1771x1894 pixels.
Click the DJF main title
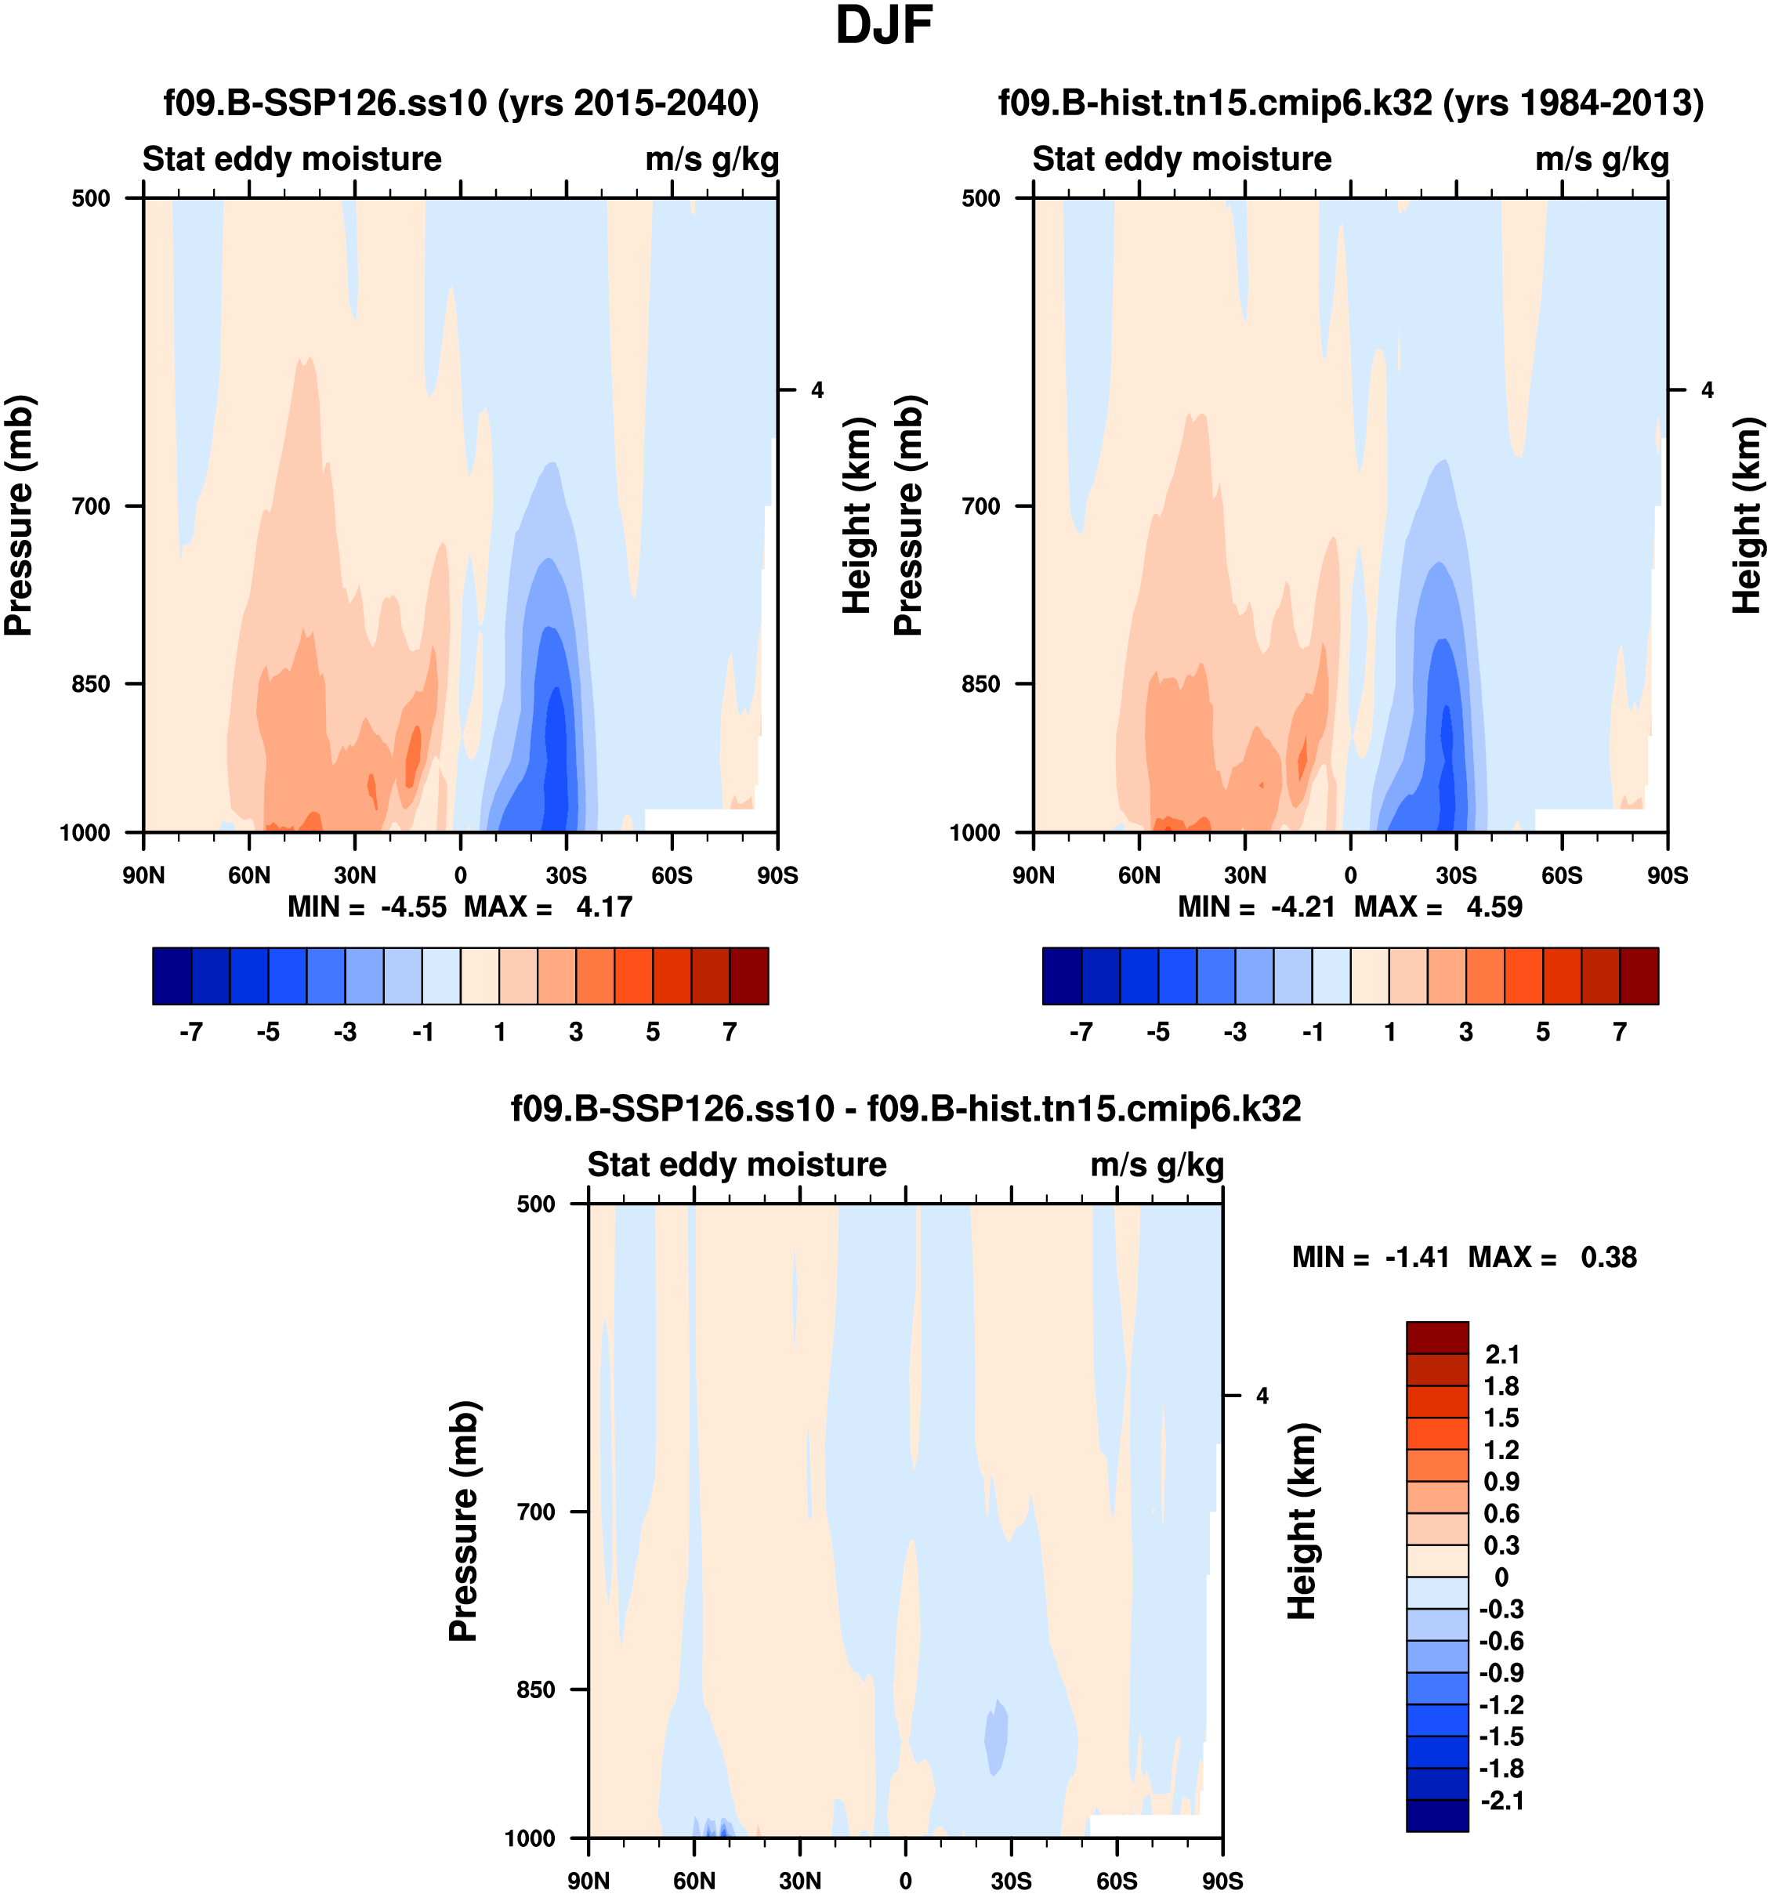(x=883, y=26)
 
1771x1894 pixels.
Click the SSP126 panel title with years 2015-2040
(x=461, y=103)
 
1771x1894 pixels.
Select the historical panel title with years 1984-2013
(x=1351, y=103)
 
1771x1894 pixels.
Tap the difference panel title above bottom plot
(x=906, y=1109)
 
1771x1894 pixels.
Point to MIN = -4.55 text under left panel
(x=368, y=907)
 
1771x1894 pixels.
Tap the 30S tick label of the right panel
(x=1457, y=875)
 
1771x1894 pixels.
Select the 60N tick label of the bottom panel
(x=694, y=1881)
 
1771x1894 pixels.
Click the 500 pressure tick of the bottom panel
(x=535, y=1204)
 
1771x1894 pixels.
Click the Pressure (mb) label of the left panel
(x=19, y=515)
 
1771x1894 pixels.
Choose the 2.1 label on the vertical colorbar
(x=1501, y=1355)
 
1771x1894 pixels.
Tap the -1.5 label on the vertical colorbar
(x=1501, y=1736)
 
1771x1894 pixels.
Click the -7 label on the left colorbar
(x=190, y=1033)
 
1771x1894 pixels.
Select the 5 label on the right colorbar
(x=1542, y=1033)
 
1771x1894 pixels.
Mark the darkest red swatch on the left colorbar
(x=749, y=976)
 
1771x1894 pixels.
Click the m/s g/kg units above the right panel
(x=1602, y=159)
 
